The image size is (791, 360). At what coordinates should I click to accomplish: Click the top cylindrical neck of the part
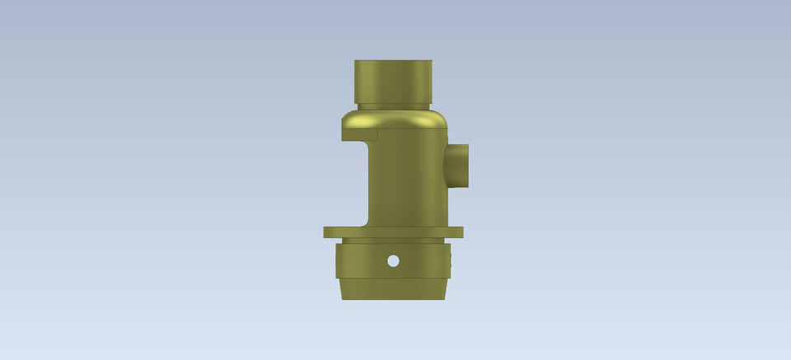pos(393,81)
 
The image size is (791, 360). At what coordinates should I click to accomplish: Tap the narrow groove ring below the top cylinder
pos(393,105)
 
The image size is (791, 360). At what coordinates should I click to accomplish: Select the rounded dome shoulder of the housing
pos(395,119)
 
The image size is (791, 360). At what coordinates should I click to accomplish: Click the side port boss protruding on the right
pos(459,165)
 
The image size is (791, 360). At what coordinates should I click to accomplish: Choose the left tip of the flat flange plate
pos(327,232)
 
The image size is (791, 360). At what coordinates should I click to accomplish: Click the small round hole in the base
pos(393,261)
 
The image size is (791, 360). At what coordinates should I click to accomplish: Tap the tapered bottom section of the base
pos(394,289)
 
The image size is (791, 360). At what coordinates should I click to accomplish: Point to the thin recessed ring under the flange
pos(394,241)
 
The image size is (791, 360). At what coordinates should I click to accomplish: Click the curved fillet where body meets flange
pos(365,222)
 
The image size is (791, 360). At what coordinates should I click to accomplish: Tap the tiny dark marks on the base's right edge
pos(452,262)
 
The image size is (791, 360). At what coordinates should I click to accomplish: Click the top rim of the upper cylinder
pos(393,62)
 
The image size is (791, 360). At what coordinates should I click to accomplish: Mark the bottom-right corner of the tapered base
pos(445,297)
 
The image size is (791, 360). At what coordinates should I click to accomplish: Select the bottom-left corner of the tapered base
pos(342,297)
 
